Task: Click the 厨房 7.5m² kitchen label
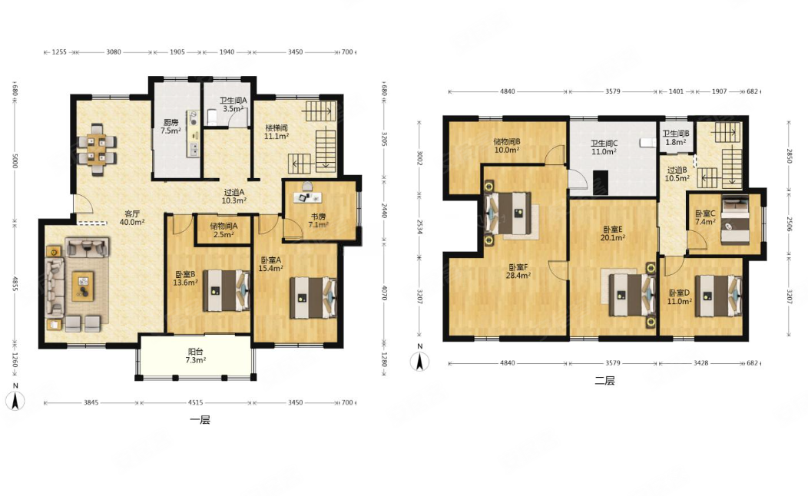tap(171, 127)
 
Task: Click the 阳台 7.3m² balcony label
tap(195, 356)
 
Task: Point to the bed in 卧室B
tap(226, 291)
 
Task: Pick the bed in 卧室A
tap(313, 298)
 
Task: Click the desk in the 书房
tap(308, 197)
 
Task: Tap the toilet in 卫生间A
tap(212, 117)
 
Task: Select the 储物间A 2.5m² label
tap(224, 230)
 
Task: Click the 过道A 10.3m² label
tap(234, 197)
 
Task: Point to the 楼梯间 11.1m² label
tap(277, 132)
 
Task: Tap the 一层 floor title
tap(200, 420)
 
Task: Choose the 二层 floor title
tap(604, 381)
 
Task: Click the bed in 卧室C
tap(735, 220)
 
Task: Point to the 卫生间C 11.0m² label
tap(604, 147)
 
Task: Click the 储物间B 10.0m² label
tap(507, 146)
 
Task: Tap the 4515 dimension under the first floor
tap(195, 403)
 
